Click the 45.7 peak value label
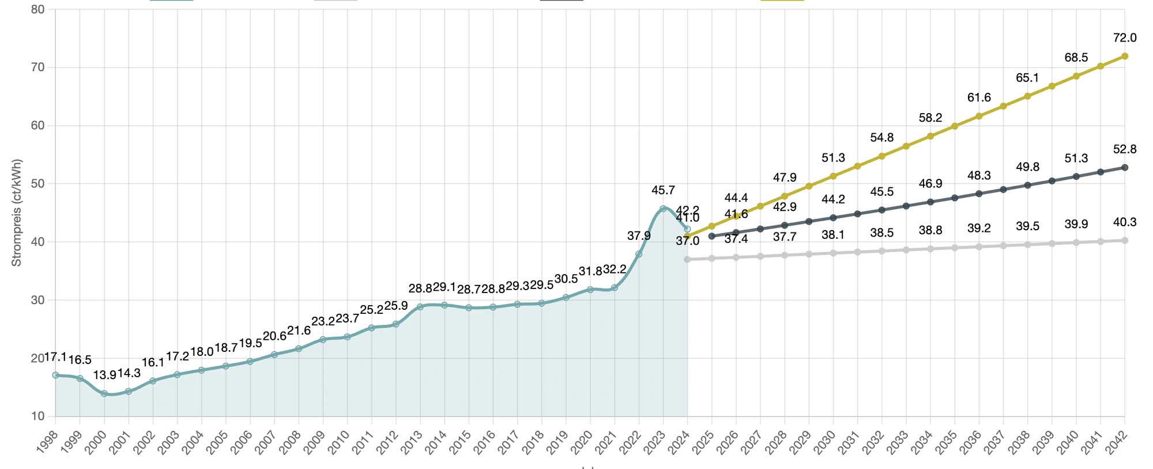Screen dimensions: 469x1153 (x=663, y=190)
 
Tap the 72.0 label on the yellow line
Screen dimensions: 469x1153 (x=1125, y=38)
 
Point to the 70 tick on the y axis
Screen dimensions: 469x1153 (x=37, y=67)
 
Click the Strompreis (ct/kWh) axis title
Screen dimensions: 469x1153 (x=16, y=212)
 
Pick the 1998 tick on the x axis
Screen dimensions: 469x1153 (x=47, y=443)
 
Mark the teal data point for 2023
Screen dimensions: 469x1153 (x=663, y=209)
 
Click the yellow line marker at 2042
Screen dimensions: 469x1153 (x=1125, y=57)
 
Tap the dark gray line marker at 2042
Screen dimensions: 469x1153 (x=1125, y=168)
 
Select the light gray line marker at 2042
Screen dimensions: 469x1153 (x=1125, y=241)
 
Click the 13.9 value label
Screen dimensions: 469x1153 (x=104, y=375)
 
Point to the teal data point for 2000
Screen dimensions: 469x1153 (x=104, y=393)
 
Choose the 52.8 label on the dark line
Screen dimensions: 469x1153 (x=1125, y=149)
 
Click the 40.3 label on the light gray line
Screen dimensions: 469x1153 (x=1125, y=222)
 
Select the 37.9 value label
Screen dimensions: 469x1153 (x=639, y=236)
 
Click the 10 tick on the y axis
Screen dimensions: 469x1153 (x=37, y=417)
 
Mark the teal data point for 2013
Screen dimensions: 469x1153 (x=420, y=307)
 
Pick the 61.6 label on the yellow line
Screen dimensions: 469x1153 (x=979, y=97)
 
